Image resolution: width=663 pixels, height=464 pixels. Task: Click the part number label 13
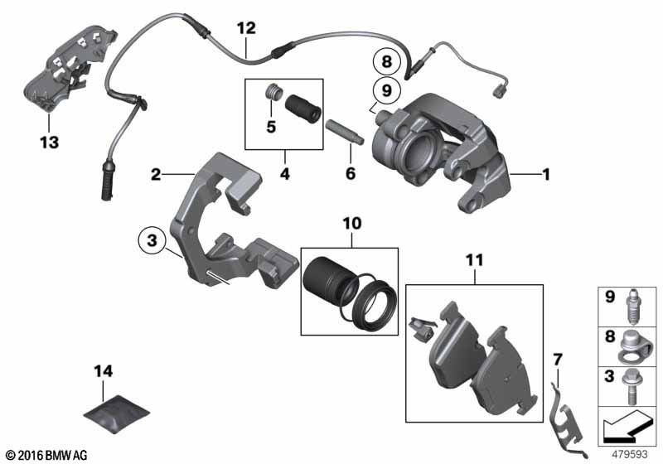point(49,143)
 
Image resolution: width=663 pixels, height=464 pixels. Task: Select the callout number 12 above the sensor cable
point(246,27)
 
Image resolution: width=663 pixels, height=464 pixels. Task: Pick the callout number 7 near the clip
point(557,359)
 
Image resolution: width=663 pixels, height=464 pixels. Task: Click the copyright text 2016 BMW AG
point(46,454)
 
